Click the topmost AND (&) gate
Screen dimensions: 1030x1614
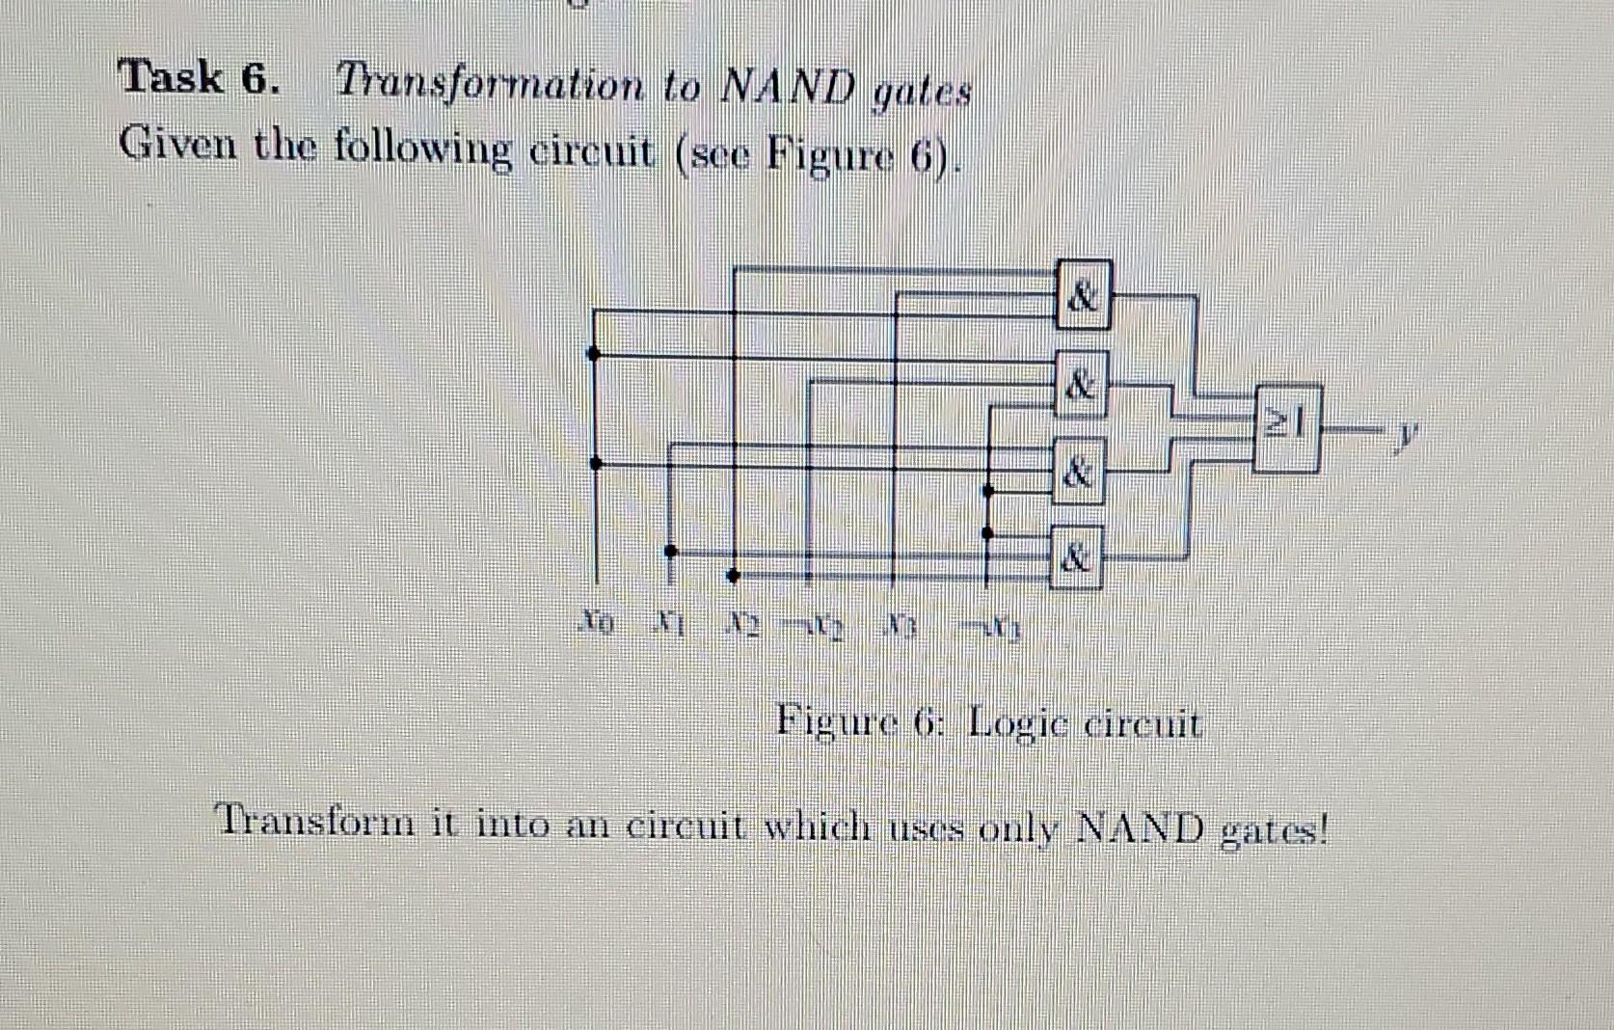(x=1084, y=295)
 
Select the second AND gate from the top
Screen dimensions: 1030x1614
(x=1081, y=384)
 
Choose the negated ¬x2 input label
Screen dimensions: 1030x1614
(x=818, y=622)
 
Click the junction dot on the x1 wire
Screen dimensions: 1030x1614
(x=671, y=551)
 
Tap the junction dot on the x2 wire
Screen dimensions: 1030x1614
(x=733, y=576)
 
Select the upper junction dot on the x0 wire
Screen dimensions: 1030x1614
(x=595, y=354)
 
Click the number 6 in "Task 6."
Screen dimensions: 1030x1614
(x=256, y=79)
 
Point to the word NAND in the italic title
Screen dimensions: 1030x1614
(x=787, y=89)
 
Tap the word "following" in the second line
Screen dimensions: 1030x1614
(x=421, y=149)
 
